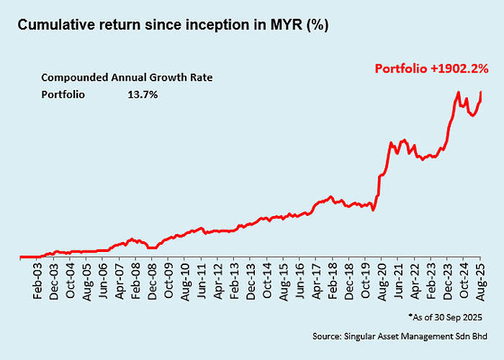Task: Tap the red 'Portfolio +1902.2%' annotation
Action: [431, 69]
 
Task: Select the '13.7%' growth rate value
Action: [143, 94]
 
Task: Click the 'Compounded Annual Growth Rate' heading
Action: [127, 78]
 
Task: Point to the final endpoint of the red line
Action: [481, 92]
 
